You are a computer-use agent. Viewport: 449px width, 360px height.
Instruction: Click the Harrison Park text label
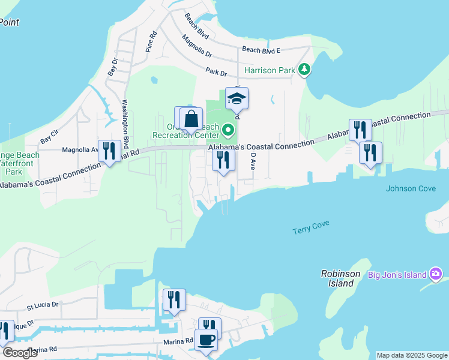click(269, 70)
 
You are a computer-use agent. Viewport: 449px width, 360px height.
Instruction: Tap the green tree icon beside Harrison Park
click(305, 70)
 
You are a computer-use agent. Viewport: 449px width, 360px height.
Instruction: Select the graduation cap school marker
click(237, 100)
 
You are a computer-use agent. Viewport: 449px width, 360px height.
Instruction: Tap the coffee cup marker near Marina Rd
click(206, 340)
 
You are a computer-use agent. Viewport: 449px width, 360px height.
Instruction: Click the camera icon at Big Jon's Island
click(436, 275)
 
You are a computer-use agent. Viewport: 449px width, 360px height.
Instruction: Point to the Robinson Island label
click(340, 278)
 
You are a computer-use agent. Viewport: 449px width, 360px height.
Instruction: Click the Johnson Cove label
click(411, 188)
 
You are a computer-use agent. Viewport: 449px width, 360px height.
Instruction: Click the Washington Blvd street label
click(126, 124)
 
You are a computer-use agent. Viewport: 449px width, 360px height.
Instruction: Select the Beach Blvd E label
click(265, 50)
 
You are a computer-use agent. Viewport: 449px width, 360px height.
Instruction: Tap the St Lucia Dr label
click(43, 305)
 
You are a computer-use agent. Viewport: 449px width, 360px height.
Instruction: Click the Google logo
click(20, 353)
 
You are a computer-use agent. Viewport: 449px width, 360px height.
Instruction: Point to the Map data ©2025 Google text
click(411, 355)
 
